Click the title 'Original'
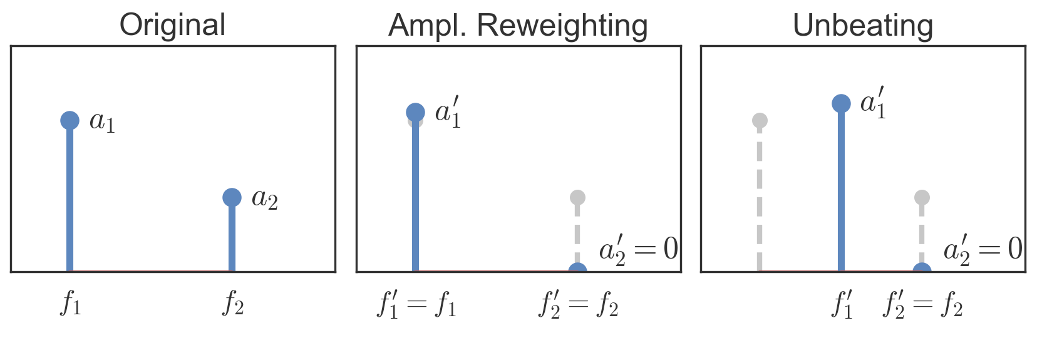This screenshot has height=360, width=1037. [172, 25]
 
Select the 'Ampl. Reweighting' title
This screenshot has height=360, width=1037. [518, 26]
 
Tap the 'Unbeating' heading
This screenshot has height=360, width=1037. [862, 26]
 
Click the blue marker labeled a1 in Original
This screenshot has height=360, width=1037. [70, 120]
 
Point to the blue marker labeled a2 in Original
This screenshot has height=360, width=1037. [232, 197]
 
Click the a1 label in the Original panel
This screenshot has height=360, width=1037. [102, 121]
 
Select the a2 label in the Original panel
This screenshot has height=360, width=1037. [264, 199]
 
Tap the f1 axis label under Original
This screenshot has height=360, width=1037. [71, 304]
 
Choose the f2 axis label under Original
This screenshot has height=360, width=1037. [233, 304]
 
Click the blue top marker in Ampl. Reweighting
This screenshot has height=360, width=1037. [415, 112]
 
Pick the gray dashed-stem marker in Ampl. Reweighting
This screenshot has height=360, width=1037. [577, 198]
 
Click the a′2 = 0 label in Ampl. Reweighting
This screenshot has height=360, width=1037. [638, 249]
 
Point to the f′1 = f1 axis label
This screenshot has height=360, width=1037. [416, 304]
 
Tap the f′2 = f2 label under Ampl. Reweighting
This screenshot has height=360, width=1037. [578, 304]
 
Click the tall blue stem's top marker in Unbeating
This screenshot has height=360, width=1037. [841, 103]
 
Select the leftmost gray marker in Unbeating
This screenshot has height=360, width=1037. [760, 120]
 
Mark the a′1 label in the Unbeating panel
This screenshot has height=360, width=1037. [874, 103]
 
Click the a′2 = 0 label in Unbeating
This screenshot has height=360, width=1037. [983, 249]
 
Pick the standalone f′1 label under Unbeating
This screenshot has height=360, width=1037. [842, 304]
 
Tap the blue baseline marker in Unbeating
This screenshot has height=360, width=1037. [922, 270]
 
